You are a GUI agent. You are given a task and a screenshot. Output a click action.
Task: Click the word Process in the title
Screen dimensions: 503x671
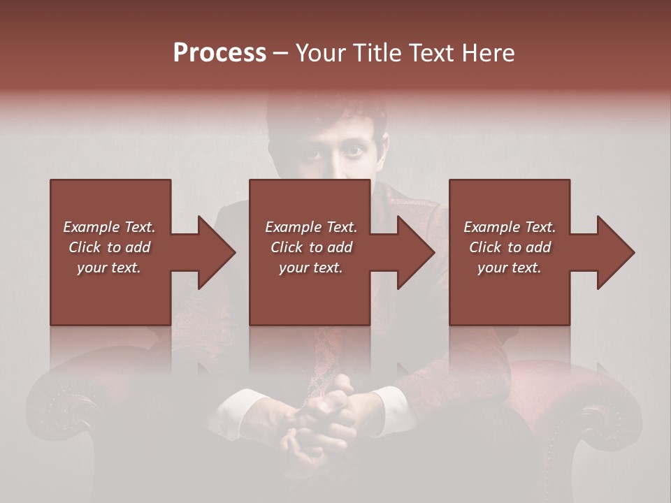[219, 53]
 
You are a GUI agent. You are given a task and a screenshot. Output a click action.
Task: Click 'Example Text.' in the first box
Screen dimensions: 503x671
[109, 227]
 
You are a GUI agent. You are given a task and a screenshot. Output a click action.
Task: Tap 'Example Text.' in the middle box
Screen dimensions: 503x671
[311, 227]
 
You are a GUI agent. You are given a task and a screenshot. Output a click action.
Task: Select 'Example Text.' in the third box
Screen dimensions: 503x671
[510, 227]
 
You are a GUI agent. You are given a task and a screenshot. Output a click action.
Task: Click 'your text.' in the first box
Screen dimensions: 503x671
[109, 268]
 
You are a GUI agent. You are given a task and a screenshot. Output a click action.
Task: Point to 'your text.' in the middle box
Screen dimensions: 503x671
[311, 268]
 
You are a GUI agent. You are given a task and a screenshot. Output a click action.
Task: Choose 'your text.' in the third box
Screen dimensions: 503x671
[510, 268]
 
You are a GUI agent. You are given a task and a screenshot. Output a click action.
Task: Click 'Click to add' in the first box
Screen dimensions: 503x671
[109, 247]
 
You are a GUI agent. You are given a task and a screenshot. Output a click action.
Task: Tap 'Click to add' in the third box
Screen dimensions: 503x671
[510, 247]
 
